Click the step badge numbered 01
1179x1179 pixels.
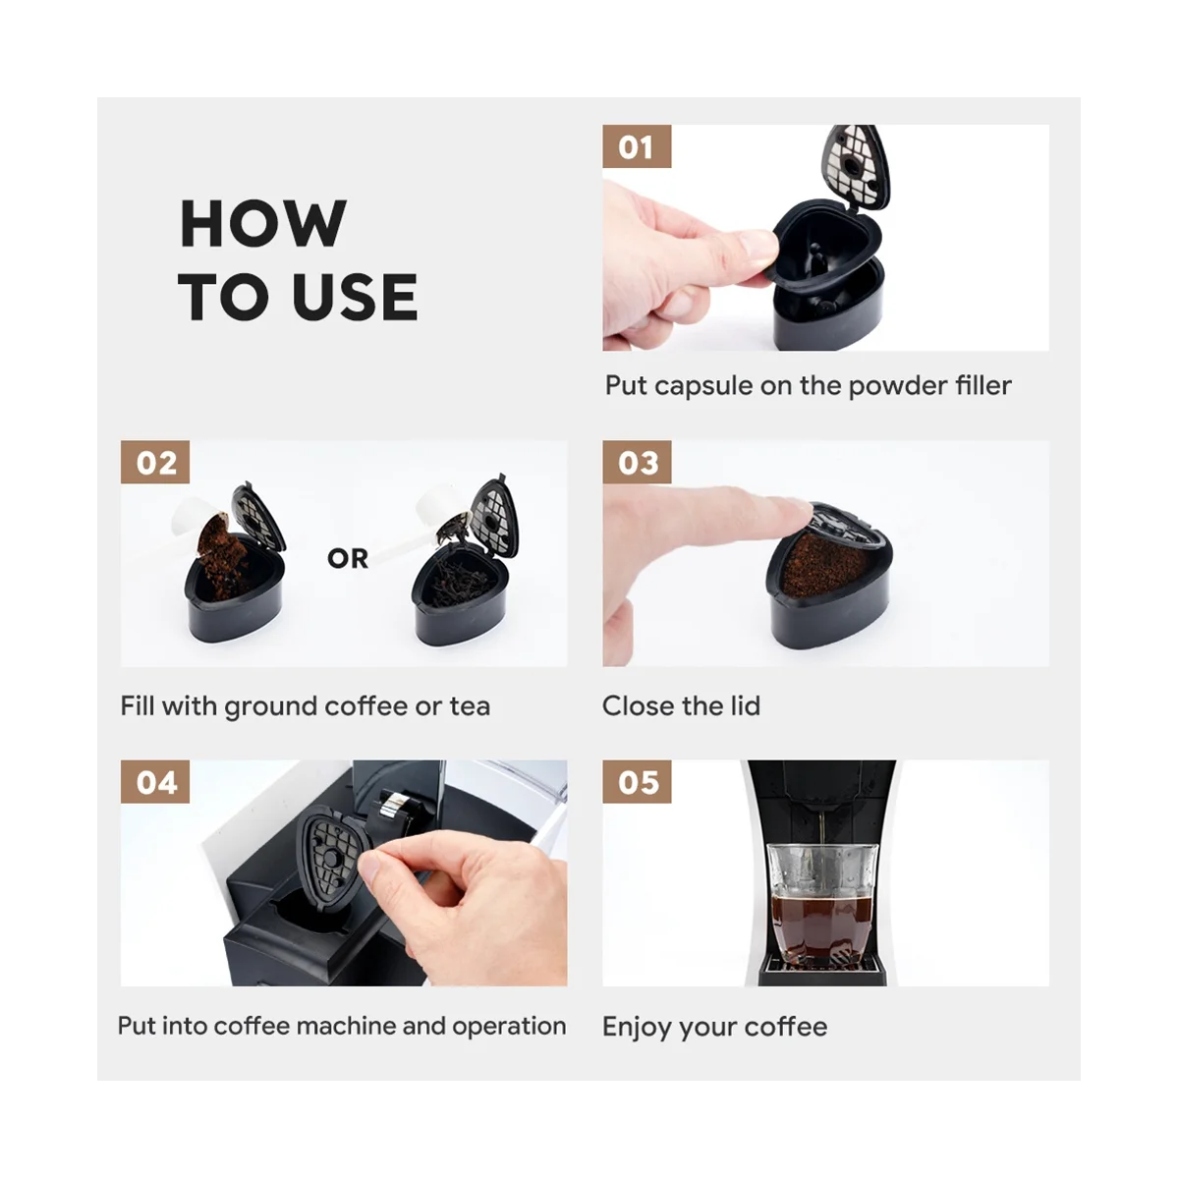637,146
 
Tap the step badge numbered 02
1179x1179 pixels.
155,462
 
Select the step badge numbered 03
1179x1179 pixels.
637,462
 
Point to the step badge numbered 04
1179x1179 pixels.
155,782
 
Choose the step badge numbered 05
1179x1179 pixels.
637,782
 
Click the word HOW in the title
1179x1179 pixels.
263,223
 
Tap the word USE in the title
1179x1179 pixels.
355,297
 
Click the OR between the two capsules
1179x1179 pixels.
348,558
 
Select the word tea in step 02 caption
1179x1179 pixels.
470,706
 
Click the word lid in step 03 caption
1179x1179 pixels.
745,705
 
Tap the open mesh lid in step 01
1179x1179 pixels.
856,166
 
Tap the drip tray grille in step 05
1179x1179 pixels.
821,964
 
